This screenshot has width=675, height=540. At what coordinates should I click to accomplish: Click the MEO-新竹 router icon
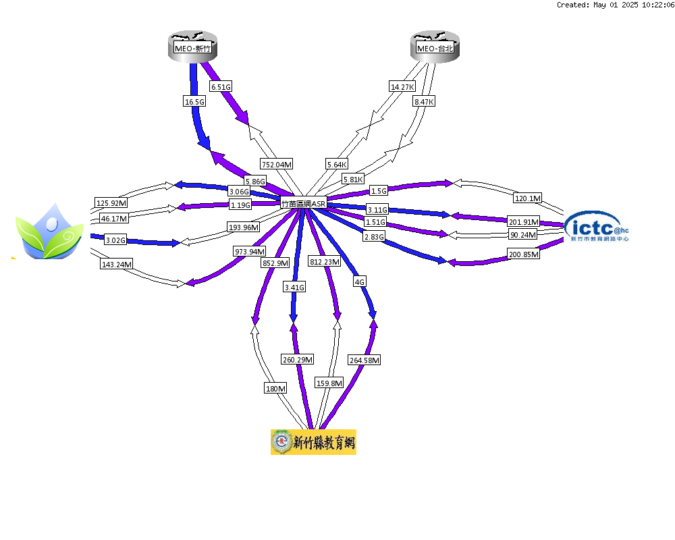point(192,47)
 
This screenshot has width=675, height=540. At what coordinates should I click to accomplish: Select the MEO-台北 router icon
point(435,47)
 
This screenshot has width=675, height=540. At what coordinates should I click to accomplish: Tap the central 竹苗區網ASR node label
point(304,203)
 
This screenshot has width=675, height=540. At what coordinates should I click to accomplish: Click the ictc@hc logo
point(597,227)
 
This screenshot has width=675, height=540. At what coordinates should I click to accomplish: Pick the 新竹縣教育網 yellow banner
point(313,442)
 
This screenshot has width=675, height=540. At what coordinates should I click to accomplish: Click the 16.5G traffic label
point(194,102)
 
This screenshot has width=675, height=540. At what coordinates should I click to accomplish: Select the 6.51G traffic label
point(221,86)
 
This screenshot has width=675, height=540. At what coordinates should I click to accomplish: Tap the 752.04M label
point(277,164)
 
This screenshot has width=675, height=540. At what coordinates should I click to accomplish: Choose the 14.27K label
point(402,86)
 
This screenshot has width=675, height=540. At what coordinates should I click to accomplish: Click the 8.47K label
point(424,102)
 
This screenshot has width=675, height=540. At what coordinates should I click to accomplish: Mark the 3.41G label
point(294,288)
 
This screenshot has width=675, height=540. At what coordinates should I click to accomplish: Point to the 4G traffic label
point(360,281)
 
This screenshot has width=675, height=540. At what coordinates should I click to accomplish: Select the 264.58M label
point(364,360)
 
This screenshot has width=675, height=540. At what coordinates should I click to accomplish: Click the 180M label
point(275,388)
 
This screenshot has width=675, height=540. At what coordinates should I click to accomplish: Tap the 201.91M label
point(524,222)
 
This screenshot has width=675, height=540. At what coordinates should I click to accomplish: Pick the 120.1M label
point(528,198)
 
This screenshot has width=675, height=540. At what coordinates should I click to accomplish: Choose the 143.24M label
point(117,264)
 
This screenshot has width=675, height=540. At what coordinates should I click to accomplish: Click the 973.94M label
point(250,251)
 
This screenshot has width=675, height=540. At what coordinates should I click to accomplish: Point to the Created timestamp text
point(615,5)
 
